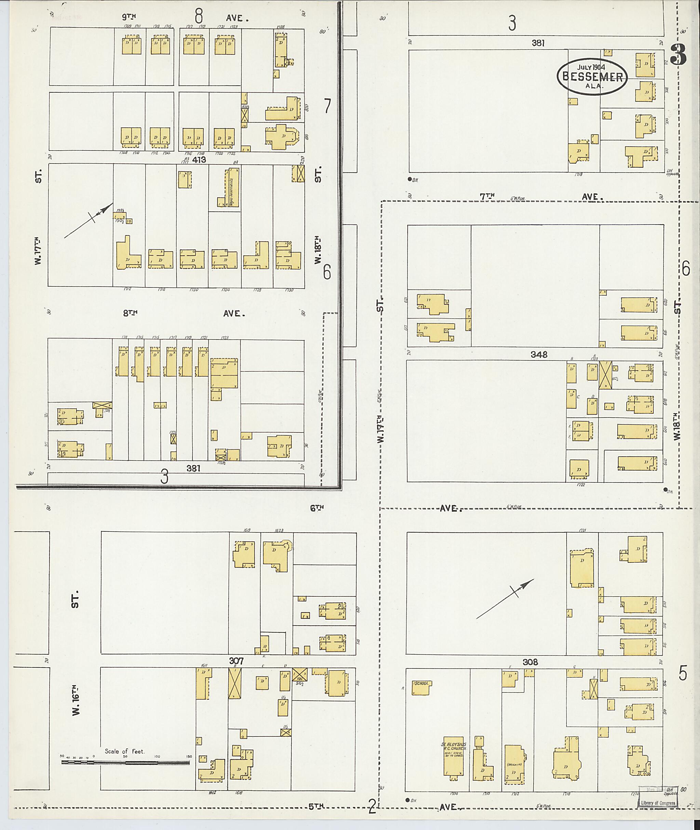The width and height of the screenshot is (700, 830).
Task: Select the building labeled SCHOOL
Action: pyautogui.click(x=422, y=688)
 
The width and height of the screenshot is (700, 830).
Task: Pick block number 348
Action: pyautogui.click(x=538, y=354)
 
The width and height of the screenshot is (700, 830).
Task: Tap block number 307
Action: pyautogui.click(x=236, y=661)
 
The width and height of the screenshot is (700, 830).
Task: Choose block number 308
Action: pyautogui.click(x=530, y=662)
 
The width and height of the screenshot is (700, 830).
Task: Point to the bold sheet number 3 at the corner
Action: pyautogui.click(x=678, y=54)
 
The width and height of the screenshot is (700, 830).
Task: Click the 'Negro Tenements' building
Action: pyautogui.click(x=232, y=187)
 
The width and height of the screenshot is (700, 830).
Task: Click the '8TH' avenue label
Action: pyautogui.click(x=130, y=313)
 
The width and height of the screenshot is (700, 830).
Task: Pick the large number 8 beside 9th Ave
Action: pyautogui.click(x=198, y=16)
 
